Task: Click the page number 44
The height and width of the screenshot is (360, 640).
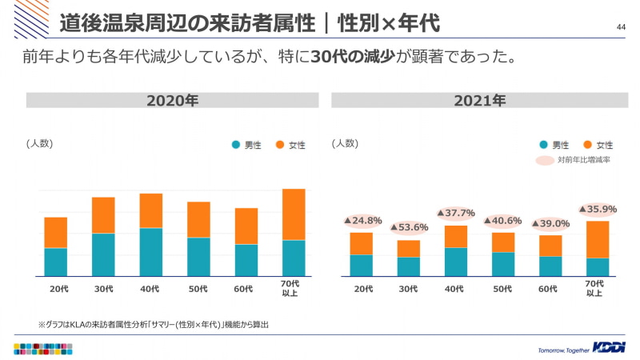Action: pyautogui.click(x=621, y=28)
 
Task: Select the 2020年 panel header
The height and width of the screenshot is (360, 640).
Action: pyautogui.click(x=172, y=101)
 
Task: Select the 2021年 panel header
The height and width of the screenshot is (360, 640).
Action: pyautogui.click(x=479, y=101)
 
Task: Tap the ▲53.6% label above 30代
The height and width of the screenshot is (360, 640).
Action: pyautogui.click(x=409, y=227)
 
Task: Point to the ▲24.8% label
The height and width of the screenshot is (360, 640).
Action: pyautogui.click(x=362, y=220)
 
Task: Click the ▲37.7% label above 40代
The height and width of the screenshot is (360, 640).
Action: pyautogui.click(x=456, y=213)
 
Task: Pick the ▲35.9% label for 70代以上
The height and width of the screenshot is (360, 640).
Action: pyautogui.click(x=598, y=209)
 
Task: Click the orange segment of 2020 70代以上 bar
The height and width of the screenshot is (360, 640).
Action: pyautogui.click(x=294, y=214)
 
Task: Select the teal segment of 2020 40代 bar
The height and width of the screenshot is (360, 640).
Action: pyautogui.click(x=151, y=252)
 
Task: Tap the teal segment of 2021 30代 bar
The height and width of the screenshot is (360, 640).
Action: pyautogui.click(x=409, y=266)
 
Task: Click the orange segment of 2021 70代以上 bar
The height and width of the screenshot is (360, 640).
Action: pyautogui.click(x=598, y=239)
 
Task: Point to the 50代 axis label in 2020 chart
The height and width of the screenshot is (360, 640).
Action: pyautogui.click(x=198, y=288)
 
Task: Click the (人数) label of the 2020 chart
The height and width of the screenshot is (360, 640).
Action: pyautogui.click(x=40, y=143)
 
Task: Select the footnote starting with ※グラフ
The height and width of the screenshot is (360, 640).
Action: pyautogui.click(x=153, y=324)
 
